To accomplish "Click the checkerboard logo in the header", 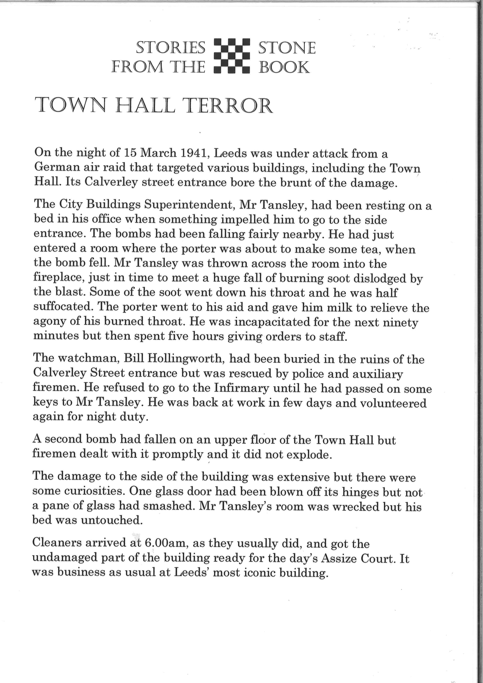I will [x=232, y=56].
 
